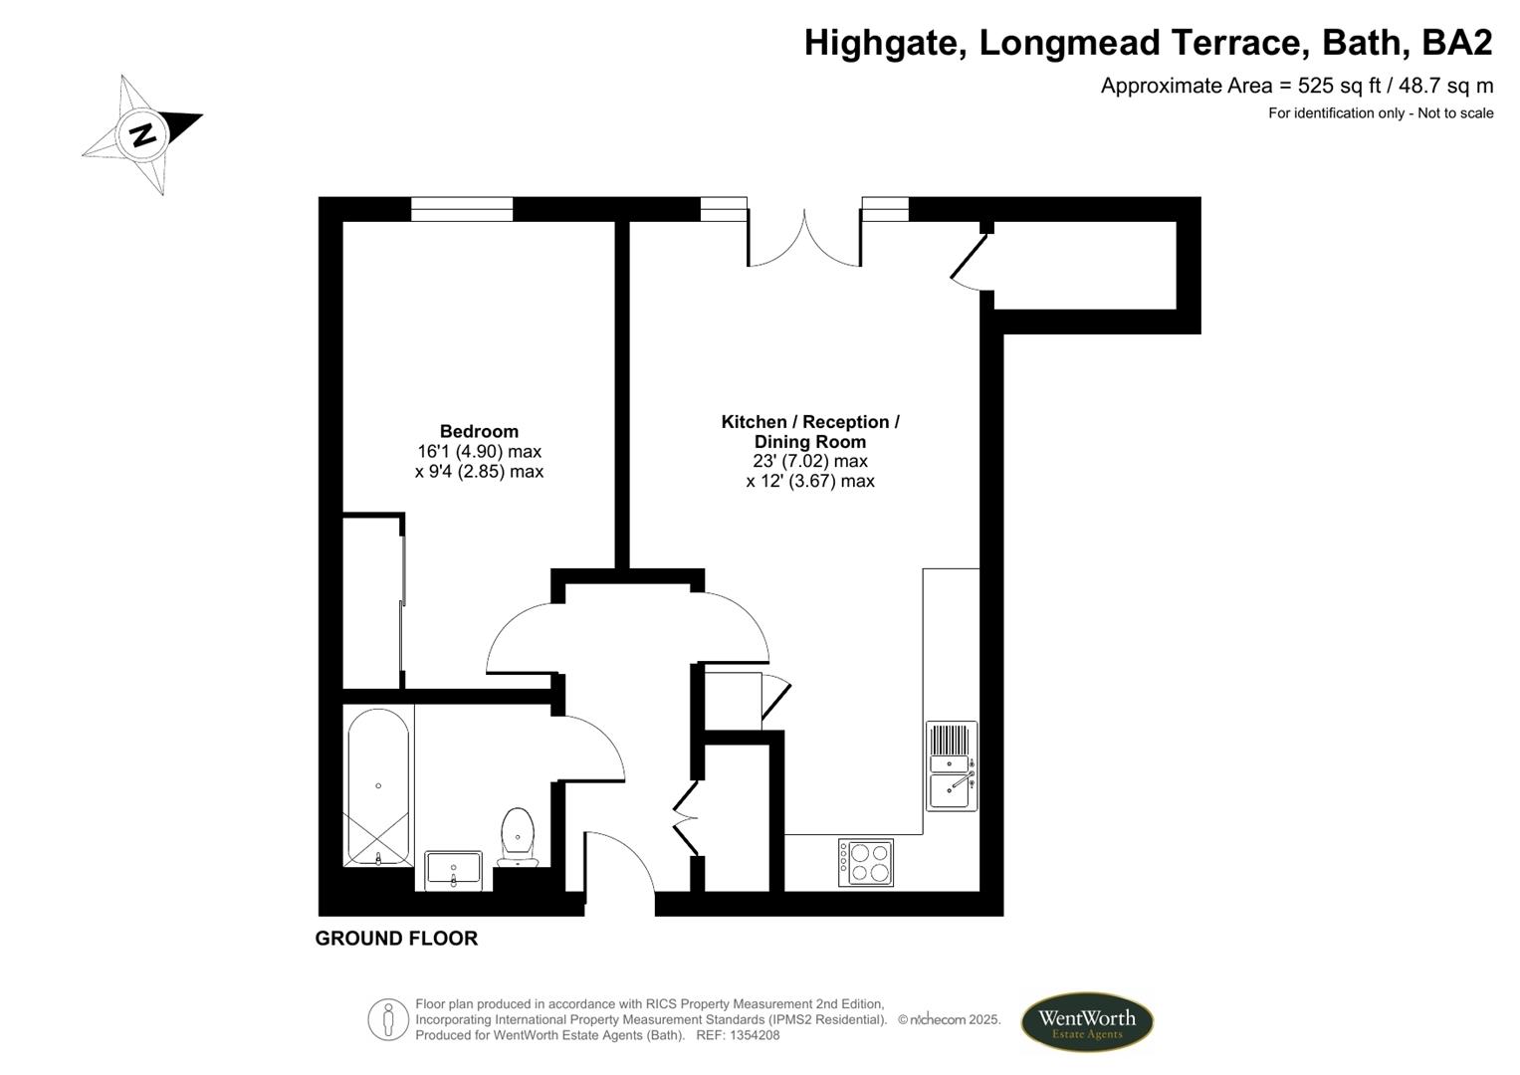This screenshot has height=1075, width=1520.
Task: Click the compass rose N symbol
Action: pyautogui.click(x=143, y=133)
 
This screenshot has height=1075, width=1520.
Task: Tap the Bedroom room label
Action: pyautogui.click(x=479, y=431)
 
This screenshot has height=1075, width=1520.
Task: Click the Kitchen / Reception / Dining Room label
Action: pyautogui.click(x=810, y=431)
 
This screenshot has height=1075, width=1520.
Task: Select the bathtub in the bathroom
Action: pyautogui.click(x=377, y=786)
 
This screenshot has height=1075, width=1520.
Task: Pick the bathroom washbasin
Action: pyautogui.click(x=453, y=870)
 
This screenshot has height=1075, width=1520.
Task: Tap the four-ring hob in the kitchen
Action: pyautogui.click(x=866, y=862)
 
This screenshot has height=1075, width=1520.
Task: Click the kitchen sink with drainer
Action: pyautogui.click(x=952, y=764)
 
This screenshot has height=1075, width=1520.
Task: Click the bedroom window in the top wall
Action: pyautogui.click(x=462, y=209)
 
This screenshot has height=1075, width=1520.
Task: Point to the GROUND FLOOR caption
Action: pyautogui.click(x=396, y=939)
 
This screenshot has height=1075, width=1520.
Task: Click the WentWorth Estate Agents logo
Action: pyautogui.click(x=1086, y=1022)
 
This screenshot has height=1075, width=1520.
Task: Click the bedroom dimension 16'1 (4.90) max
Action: pyautogui.click(x=479, y=452)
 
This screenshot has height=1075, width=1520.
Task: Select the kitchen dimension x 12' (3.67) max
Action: pyautogui.click(x=810, y=481)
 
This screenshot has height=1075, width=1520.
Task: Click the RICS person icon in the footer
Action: pyautogui.click(x=388, y=1019)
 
